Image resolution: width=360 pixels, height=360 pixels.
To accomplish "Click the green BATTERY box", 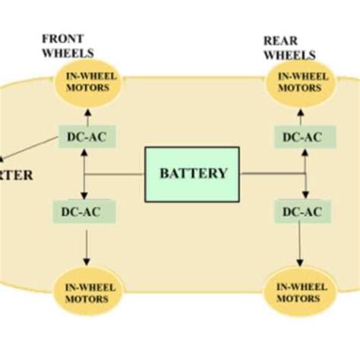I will tap(193, 173).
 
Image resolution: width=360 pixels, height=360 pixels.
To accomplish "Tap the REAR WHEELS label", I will tap(289, 46).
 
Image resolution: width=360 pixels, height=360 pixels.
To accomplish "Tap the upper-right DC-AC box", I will tap(302, 137).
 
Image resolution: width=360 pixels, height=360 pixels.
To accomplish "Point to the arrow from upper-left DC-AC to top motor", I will tap(88, 112).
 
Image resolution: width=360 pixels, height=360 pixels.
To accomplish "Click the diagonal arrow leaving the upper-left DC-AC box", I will tap(30, 150).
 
